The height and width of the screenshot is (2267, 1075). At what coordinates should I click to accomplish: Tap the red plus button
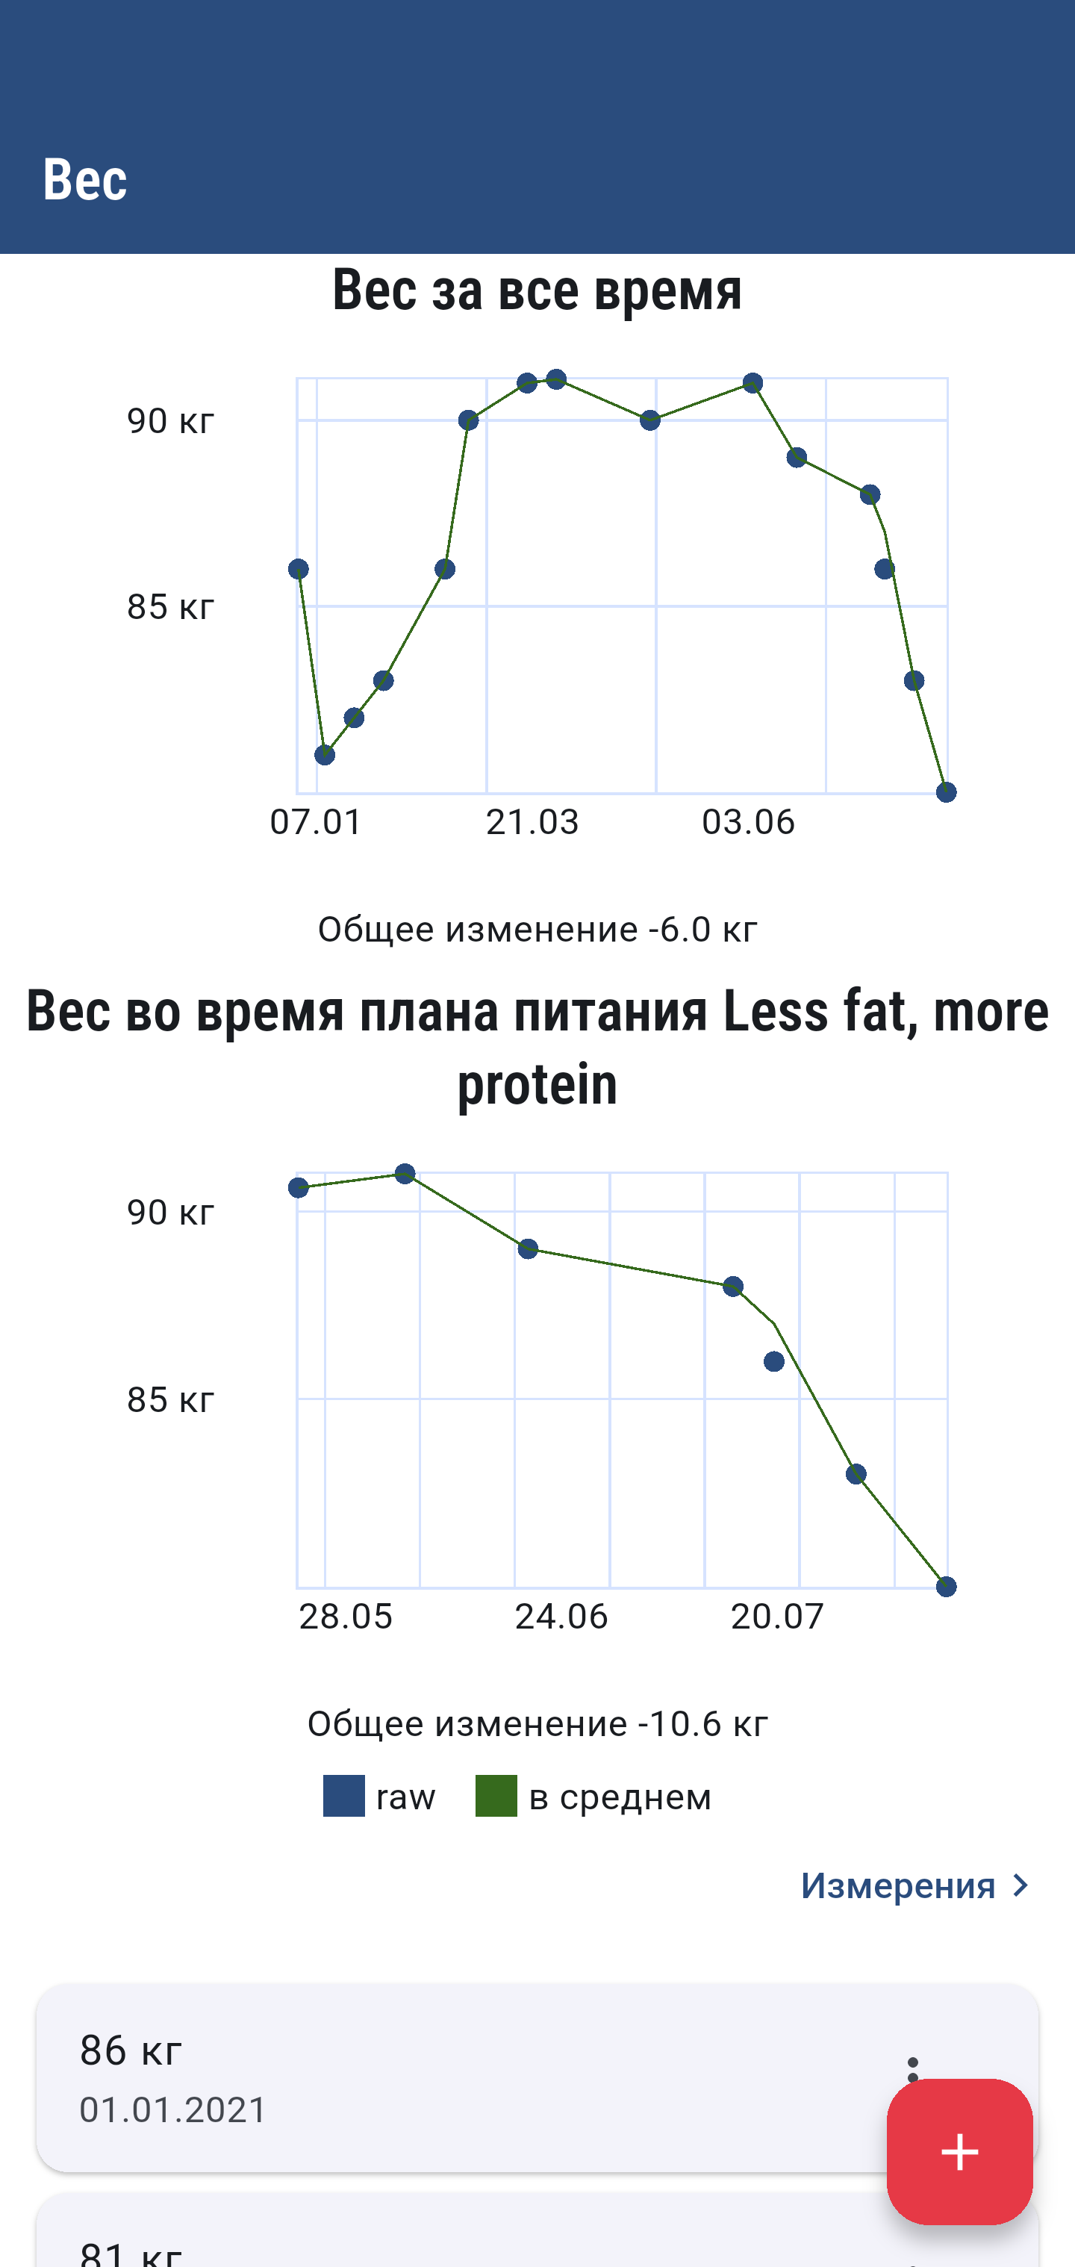[x=959, y=2152]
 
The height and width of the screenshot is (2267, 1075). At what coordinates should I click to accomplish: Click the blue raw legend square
[x=344, y=1796]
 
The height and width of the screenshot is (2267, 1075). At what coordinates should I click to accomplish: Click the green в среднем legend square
[x=496, y=1796]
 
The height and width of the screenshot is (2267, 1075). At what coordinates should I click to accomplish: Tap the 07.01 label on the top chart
[x=316, y=822]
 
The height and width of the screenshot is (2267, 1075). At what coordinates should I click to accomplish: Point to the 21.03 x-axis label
[x=532, y=822]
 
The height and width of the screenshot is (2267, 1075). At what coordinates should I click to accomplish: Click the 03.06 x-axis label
[x=749, y=822]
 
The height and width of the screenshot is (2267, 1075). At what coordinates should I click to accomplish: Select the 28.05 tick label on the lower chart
[x=346, y=1617]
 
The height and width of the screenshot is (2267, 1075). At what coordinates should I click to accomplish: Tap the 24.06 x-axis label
[x=561, y=1617]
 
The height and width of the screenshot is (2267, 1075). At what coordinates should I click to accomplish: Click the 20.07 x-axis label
[x=778, y=1617]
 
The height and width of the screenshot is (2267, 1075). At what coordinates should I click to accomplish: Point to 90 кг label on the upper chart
[x=171, y=420]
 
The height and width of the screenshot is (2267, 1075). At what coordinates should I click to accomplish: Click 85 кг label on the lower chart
[x=171, y=1399]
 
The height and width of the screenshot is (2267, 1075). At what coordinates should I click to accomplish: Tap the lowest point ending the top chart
[x=946, y=793]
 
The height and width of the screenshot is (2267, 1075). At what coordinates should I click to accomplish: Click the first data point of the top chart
[x=298, y=570]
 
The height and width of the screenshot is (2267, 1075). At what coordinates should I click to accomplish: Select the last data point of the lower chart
[x=946, y=1587]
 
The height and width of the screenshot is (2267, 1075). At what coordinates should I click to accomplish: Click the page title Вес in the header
[x=85, y=179]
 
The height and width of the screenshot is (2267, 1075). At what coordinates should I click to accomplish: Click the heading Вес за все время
[x=537, y=290]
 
